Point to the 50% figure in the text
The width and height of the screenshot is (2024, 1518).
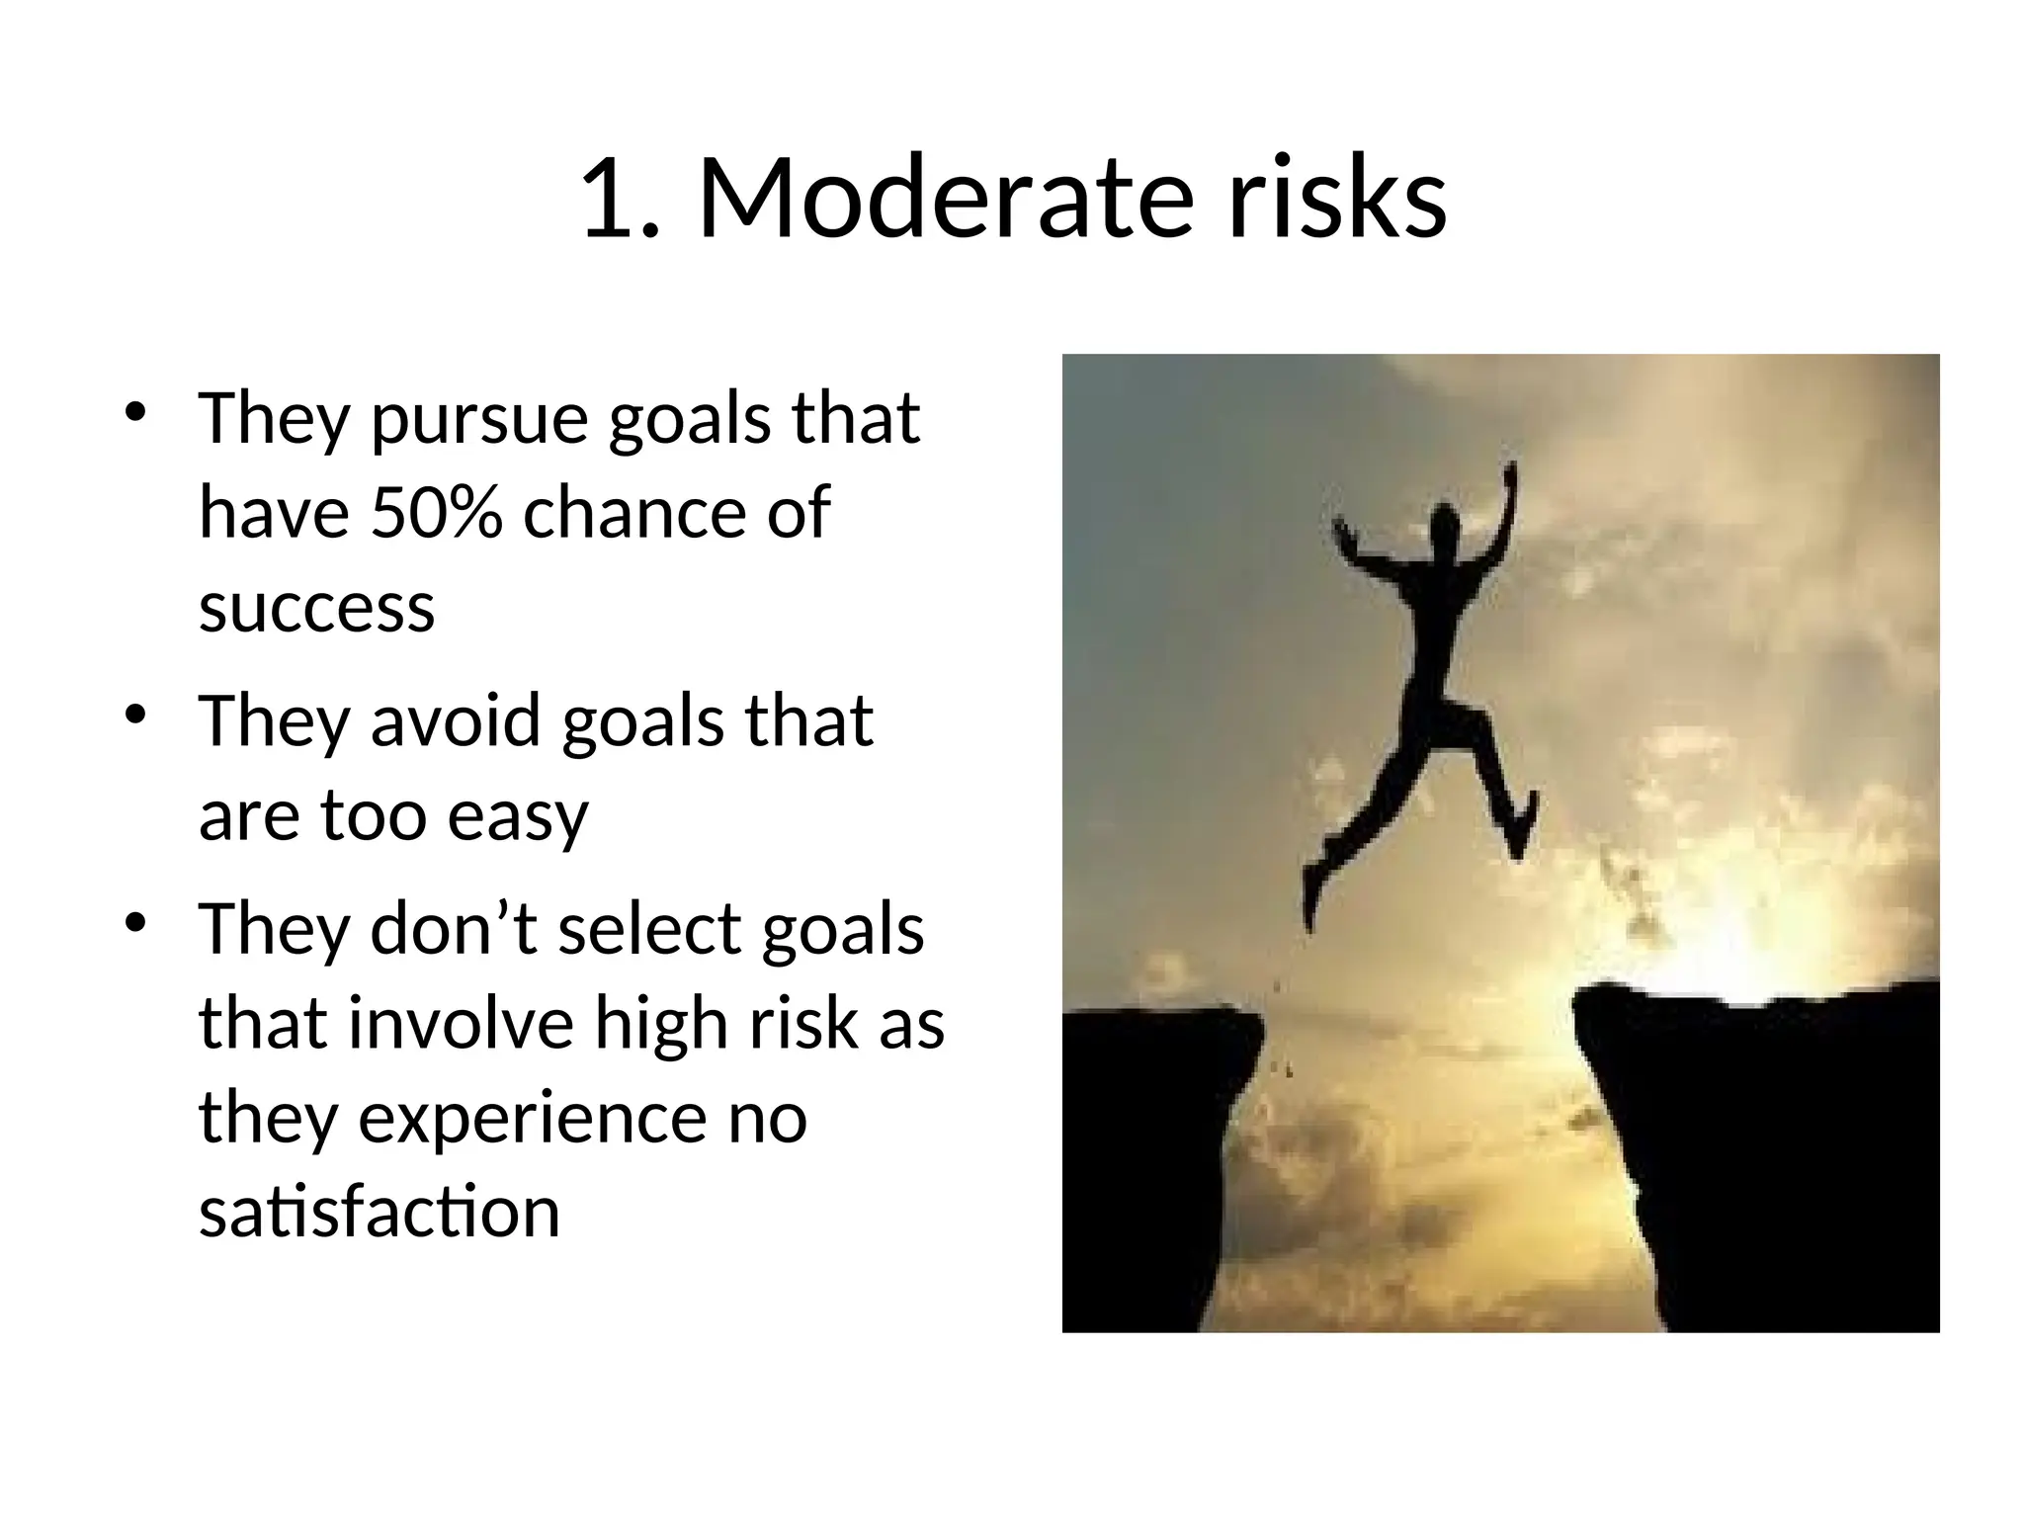pyautogui.click(x=436, y=513)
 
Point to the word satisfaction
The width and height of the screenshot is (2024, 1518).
pyautogui.click(x=379, y=1212)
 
